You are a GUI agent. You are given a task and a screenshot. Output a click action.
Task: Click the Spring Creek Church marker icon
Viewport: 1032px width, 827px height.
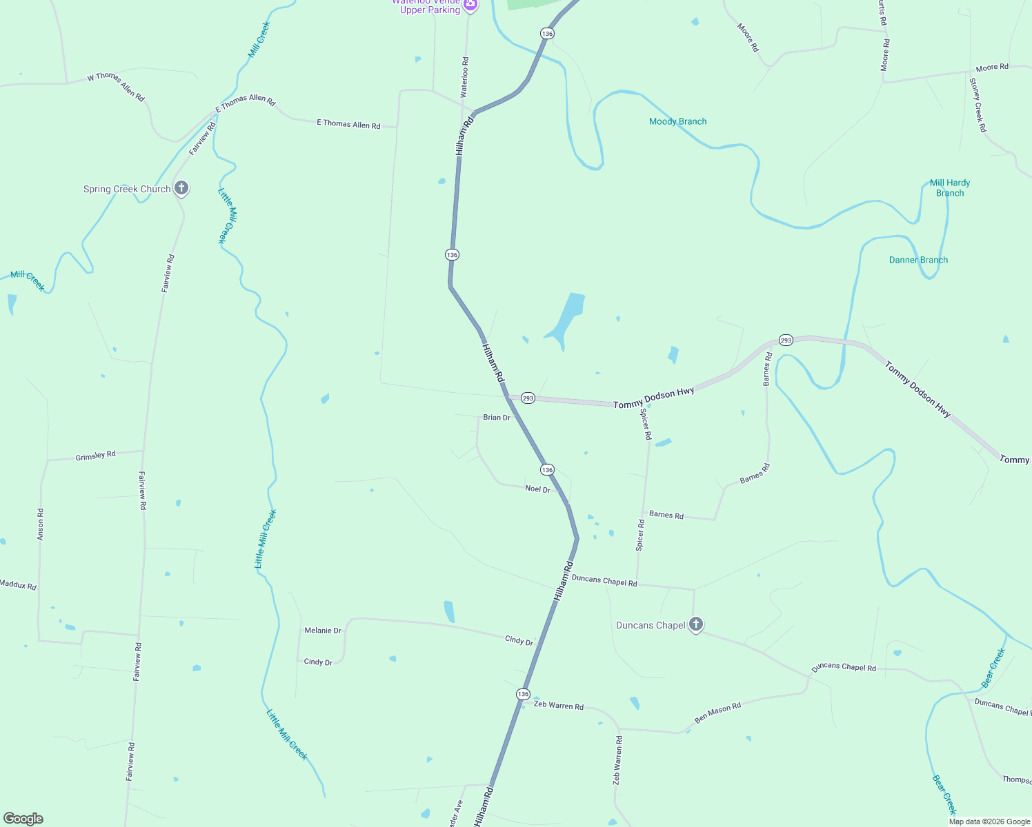[181, 188]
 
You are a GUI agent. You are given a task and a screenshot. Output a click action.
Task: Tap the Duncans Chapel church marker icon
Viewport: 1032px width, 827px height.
[696, 625]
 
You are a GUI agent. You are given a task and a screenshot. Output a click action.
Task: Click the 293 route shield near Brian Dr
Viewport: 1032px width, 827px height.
[528, 398]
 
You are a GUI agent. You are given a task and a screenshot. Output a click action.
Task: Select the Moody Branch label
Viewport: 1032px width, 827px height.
[677, 121]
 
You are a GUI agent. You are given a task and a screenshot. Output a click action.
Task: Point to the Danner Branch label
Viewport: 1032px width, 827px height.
[918, 260]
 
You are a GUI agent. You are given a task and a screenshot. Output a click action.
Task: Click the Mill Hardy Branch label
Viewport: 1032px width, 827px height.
[949, 187]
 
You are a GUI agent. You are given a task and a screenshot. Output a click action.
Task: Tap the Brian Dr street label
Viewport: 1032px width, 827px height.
[497, 418]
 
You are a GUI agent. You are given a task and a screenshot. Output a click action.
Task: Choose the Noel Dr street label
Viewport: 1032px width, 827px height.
[538, 489]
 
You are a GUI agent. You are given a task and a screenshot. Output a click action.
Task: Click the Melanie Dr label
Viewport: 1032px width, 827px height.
[323, 631]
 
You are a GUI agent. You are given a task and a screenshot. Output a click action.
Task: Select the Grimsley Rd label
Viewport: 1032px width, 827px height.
[95, 456]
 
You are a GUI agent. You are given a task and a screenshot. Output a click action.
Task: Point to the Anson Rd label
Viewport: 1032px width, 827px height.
[40, 524]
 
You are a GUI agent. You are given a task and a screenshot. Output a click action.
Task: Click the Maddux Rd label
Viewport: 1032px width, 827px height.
[18, 585]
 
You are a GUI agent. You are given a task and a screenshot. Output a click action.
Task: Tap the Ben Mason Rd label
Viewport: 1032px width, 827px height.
[717, 713]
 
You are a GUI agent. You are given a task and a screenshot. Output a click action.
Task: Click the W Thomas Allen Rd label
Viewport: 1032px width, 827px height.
[116, 86]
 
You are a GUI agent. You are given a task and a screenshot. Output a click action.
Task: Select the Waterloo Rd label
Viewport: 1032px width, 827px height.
[464, 76]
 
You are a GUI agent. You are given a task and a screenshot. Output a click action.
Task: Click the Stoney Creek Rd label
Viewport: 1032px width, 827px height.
[978, 105]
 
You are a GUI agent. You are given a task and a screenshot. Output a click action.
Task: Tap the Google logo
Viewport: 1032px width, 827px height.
[23, 819]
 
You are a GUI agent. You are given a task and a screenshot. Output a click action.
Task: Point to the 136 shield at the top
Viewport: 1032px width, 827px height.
[547, 33]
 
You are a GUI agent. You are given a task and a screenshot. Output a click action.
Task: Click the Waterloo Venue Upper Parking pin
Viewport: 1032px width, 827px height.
[470, 6]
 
